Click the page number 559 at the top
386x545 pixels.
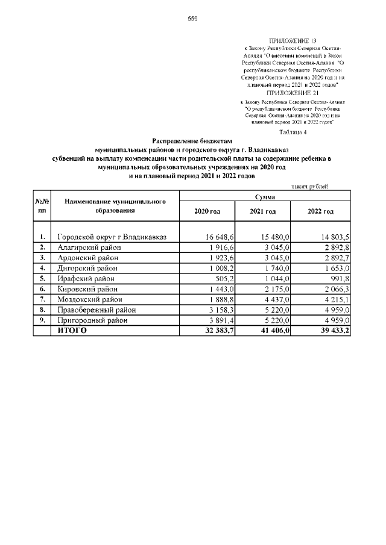tap(192, 19)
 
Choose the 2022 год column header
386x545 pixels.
tap(320, 212)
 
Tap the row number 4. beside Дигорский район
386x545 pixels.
tap(42, 268)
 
